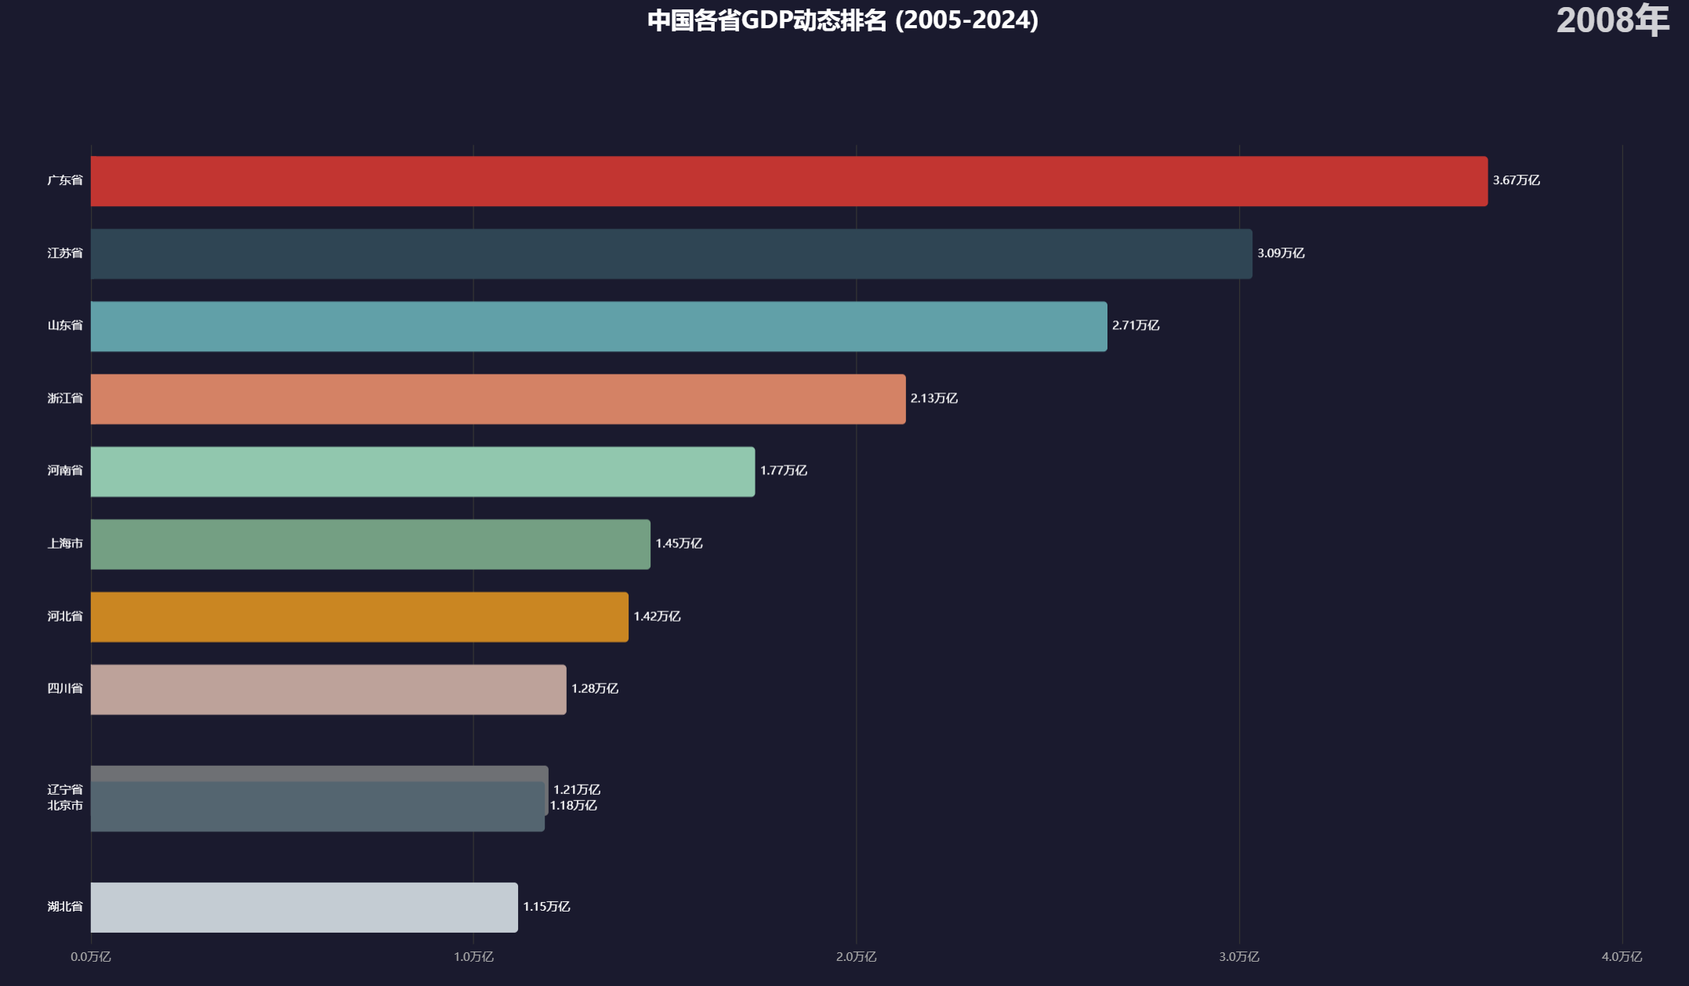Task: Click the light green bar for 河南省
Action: click(x=422, y=472)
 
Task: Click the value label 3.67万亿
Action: click(x=1516, y=180)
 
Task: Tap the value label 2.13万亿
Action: click(x=933, y=398)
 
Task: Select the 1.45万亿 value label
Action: click(x=679, y=543)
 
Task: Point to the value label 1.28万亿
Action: click(x=594, y=688)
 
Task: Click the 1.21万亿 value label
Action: click(x=576, y=789)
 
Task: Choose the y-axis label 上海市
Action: click(x=65, y=543)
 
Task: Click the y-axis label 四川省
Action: click(x=65, y=688)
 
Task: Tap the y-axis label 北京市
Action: click(x=65, y=806)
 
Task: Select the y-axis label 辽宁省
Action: click(x=65, y=789)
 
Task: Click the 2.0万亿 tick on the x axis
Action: click(x=856, y=956)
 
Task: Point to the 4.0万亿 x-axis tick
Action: click(x=1621, y=956)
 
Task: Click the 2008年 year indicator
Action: click(x=1612, y=20)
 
